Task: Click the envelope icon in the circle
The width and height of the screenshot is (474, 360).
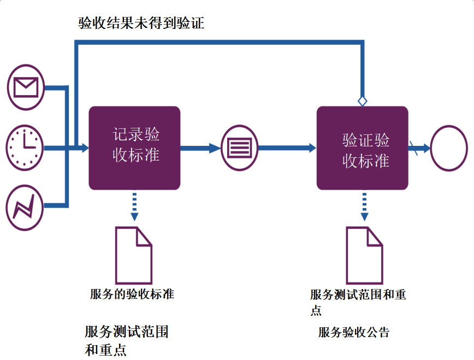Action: [25, 87]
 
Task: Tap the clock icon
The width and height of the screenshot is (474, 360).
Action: [25, 147]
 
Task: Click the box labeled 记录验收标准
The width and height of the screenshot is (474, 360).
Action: [134, 147]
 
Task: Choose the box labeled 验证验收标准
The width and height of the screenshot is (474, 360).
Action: [362, 147]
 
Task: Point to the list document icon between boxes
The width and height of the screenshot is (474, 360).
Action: [239, 147]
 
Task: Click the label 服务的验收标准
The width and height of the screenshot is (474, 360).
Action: [132, 294]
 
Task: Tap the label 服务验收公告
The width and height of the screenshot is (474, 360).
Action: [354, 332]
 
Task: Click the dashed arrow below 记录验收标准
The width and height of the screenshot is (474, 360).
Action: [134, 206]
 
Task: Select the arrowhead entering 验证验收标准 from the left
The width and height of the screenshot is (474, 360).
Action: [312, 147]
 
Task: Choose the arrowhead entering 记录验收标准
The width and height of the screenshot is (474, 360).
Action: [84, 147]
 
